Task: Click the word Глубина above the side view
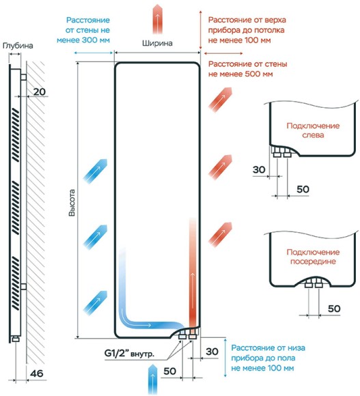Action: [18, 46]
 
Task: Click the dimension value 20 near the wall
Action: [40, 91]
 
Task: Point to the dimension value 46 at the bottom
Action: [37, 373]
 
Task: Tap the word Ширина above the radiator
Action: [157, 44]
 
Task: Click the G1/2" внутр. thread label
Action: [129, 353]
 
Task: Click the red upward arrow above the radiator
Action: [157, 19]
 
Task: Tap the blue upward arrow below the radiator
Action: [152, 378]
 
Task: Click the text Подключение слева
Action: [313, 130]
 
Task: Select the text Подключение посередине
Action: [313, 257]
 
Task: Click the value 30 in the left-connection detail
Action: [259, 170]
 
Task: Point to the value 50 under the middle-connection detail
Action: [334, 309]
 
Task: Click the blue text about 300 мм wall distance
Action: [83, 30]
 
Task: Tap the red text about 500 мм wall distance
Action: [247, 69]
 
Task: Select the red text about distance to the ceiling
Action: [247, 30]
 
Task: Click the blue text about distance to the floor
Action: [268, 358]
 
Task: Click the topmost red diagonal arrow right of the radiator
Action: [220, 100]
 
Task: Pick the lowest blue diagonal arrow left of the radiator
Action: [95, 302]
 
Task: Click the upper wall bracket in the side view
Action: [23, 76]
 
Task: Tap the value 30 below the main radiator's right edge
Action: [212, 352]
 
